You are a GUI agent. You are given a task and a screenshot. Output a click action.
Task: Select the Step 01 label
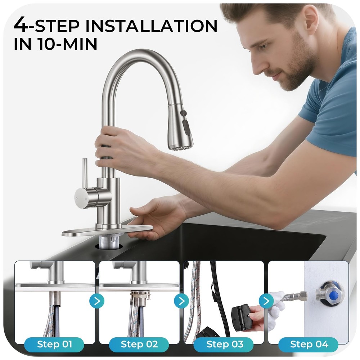coord(54,344)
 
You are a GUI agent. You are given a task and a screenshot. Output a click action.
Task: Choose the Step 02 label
coord(139,344)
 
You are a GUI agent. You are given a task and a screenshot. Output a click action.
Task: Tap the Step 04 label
coord(309,344)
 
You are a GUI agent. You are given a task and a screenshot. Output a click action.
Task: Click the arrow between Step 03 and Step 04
coord(266,301)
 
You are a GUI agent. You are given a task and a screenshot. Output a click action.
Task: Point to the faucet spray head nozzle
coord(181,146)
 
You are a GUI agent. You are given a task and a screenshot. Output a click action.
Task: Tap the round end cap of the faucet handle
coord(80,198)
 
